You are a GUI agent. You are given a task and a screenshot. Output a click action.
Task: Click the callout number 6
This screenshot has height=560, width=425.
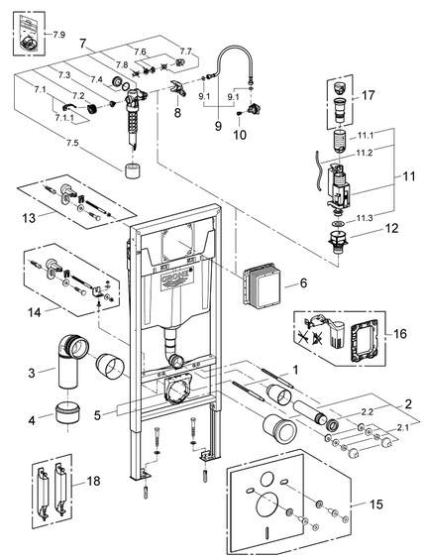303,283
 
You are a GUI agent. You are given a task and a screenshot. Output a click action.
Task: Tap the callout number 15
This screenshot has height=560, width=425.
376,504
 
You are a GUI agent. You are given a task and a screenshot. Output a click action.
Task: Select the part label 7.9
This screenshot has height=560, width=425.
59,35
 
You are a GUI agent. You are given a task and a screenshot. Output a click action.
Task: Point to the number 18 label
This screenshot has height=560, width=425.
94,481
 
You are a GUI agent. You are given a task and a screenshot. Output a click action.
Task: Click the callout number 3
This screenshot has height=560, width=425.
32,373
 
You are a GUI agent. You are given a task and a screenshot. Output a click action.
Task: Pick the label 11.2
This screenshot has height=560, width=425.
365,153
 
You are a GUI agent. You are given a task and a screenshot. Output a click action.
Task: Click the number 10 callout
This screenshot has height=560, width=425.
240,135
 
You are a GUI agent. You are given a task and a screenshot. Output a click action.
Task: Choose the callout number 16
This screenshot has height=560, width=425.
400,333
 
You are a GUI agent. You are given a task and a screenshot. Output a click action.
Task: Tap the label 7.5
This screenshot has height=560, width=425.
71,143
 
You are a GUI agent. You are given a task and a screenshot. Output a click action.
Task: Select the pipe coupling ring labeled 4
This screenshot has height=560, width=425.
68,412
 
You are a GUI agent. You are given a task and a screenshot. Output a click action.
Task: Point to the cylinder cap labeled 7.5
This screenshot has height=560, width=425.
132,169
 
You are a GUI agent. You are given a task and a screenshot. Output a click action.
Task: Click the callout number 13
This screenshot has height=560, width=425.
29,217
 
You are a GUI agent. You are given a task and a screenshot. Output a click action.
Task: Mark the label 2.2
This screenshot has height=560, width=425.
368,411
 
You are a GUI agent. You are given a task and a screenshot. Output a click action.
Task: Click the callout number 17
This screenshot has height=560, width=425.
368,95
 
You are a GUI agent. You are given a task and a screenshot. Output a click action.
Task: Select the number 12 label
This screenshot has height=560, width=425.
392,228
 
